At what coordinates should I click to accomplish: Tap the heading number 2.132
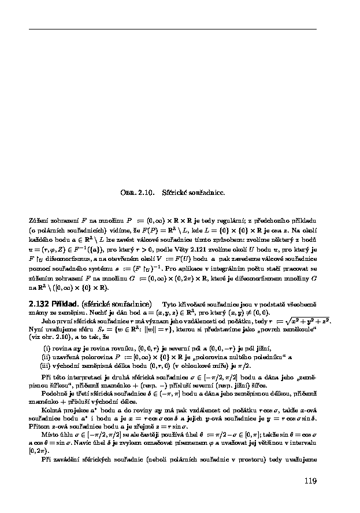pos(39,303)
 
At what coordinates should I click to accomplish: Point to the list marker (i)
pos(48,349)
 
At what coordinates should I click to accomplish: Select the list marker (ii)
pos(47,357)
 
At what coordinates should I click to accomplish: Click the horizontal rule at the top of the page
pos(172,29)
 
